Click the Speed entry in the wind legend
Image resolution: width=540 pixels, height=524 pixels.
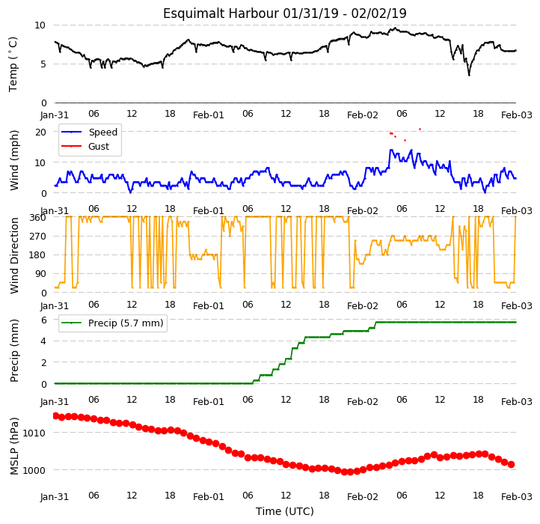(x=103, y=132)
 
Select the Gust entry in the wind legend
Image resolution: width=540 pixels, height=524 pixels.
(x=99, y=147)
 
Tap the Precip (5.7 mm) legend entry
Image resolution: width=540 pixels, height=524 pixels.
(x=126, y=323)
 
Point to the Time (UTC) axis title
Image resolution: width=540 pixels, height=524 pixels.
(x=284, y=511)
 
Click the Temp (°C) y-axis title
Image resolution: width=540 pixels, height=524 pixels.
(x=13, y=64)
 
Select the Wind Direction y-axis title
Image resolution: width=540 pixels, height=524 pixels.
(x=14, y=255)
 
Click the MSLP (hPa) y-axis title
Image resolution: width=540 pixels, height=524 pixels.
(x=14, y=446)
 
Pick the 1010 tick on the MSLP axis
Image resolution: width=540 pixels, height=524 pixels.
(x=34, y=433)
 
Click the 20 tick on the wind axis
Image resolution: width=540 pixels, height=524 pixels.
(x=40, y=132)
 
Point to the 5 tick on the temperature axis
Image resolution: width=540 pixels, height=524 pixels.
(x=43, y=64)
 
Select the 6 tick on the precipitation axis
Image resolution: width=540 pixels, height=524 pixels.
(x=43, y=320)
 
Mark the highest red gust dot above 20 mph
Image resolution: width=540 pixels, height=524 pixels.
(x=420, y=130)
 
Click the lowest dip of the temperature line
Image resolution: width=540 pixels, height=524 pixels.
(x=469, y=75)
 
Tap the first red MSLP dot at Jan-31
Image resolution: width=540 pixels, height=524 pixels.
(x=55, y=415)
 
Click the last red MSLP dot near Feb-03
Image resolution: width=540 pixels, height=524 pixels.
(x=512, y=465)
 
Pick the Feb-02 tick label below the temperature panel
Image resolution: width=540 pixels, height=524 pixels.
(x=362, y=115)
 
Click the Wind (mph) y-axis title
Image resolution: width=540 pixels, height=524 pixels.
(x=14, y=160)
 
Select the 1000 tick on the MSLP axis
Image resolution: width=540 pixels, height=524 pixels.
(x=34, y=471)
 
